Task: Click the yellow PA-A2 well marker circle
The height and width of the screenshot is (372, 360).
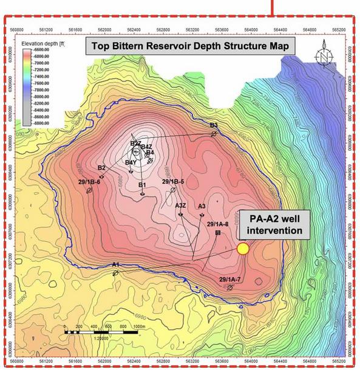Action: click(x=243, y=249)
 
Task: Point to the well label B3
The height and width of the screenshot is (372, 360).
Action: click(x=214, y=126)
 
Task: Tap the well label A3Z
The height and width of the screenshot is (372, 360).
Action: click(x=180, y=205)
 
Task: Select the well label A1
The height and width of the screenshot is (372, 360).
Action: click(x=115, y=265)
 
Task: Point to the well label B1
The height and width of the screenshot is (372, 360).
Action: click(x=142, y=185)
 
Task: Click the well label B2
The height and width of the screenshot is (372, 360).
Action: click(x=101, y=168)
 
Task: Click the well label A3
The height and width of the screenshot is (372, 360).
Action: click(x=202, y=206)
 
